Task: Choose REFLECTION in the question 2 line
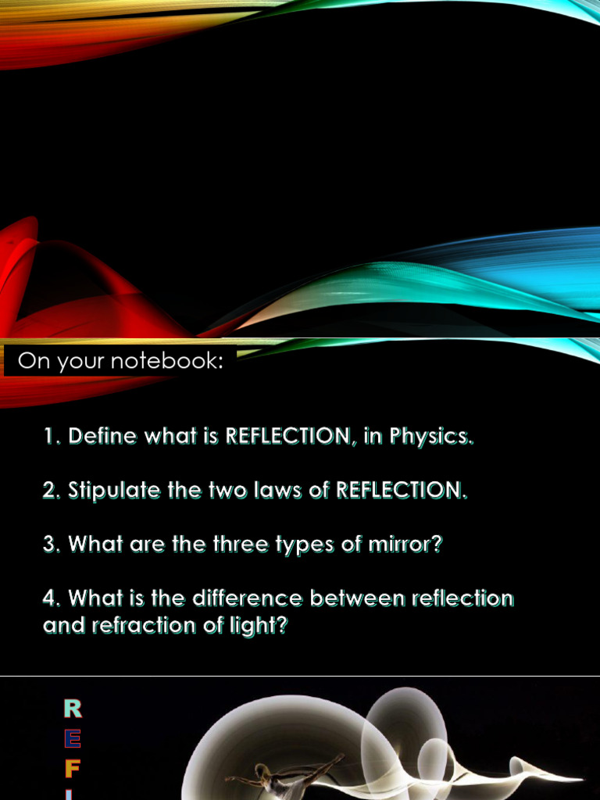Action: tap(401, 491)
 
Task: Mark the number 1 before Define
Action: tap(51, 436)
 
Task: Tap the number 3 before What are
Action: tap(51, 545)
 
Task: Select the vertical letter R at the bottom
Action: tap(73, 709)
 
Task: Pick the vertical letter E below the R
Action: tap(73, 738)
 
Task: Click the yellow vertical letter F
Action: tap(73, 769)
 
